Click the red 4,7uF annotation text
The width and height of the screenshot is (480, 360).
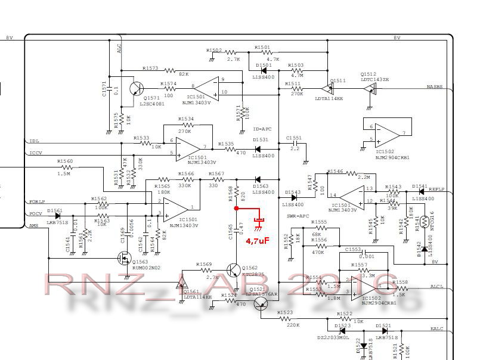pos(258,241)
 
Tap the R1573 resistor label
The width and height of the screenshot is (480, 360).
pos(150,69)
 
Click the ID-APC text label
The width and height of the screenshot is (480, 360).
pos(262,128)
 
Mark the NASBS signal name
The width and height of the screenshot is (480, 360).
pos(435,87)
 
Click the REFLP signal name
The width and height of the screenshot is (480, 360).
pos(437,190)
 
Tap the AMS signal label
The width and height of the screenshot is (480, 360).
pos(34,226)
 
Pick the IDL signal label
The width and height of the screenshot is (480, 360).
pos(34,141)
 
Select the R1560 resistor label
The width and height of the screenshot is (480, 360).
pos(65,162)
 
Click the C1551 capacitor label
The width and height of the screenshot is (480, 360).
pos(294,137)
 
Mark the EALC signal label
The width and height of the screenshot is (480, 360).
pos(437,329)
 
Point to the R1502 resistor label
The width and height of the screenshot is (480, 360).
pos(214,51)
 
